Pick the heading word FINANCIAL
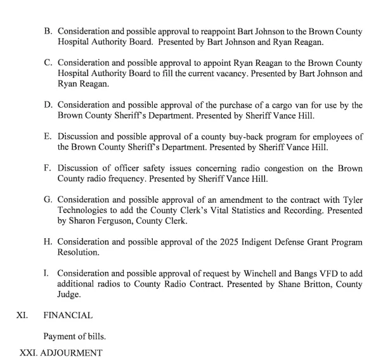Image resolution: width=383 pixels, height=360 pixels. coord(68,314)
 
